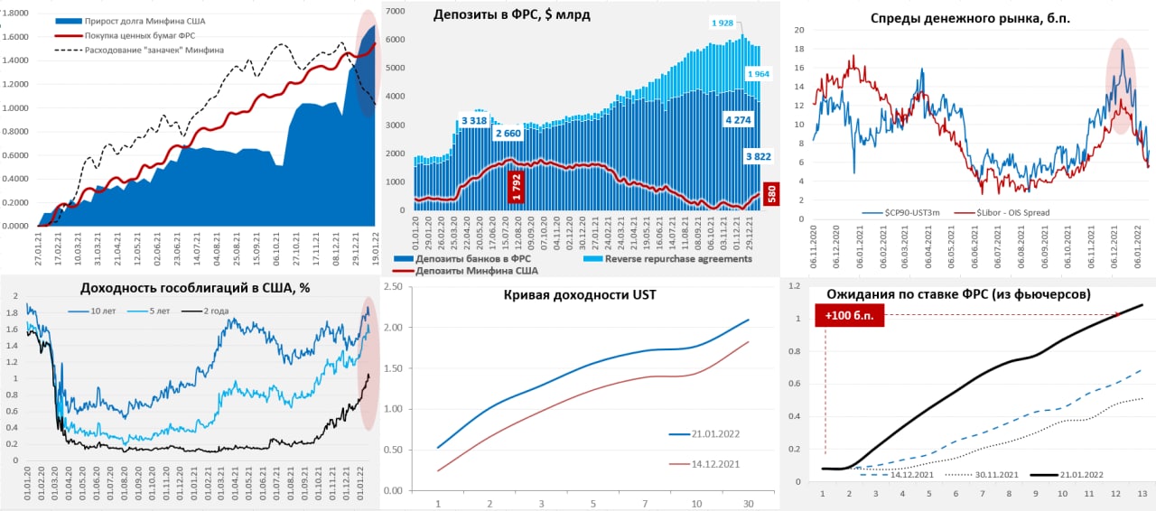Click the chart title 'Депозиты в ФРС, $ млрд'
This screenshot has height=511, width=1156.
511,15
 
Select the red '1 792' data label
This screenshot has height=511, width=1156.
516,187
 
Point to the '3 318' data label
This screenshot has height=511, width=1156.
475,121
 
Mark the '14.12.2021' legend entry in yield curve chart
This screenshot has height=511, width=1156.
709,463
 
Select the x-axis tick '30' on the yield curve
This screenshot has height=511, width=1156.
747,503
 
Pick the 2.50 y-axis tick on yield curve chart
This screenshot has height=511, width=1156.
394,287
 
